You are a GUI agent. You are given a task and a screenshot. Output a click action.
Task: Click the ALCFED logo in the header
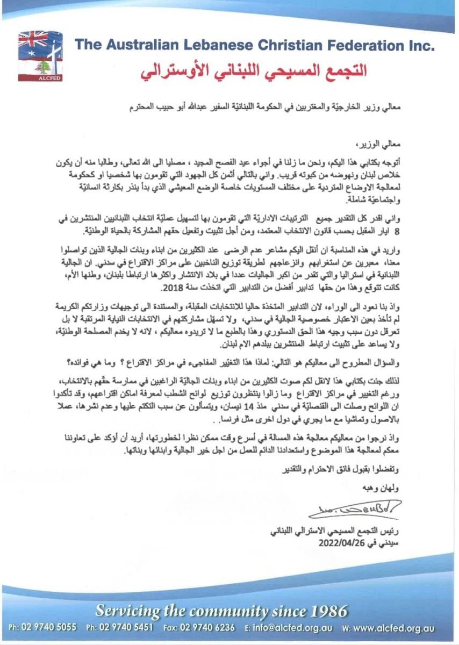click(x=40, y=56)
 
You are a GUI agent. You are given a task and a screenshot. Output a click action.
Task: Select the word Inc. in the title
click(x=419, y=45)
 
